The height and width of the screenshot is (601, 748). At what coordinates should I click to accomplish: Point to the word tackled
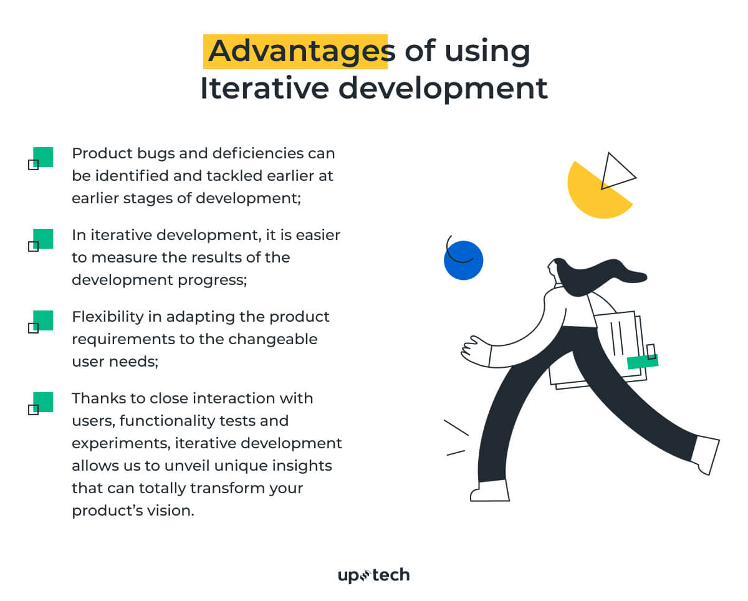click(x=229, y=176)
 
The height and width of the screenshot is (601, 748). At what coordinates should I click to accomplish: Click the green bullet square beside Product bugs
click(x=42, y=157)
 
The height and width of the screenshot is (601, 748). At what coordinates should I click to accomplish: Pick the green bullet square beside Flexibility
click(x=42, y=320)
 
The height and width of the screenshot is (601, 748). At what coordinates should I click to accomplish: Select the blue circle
click(x=464, y=261)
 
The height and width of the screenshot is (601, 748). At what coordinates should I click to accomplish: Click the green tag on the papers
click(x=642, y=362)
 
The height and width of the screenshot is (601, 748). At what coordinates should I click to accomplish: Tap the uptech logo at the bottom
click(x=373, y=575)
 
